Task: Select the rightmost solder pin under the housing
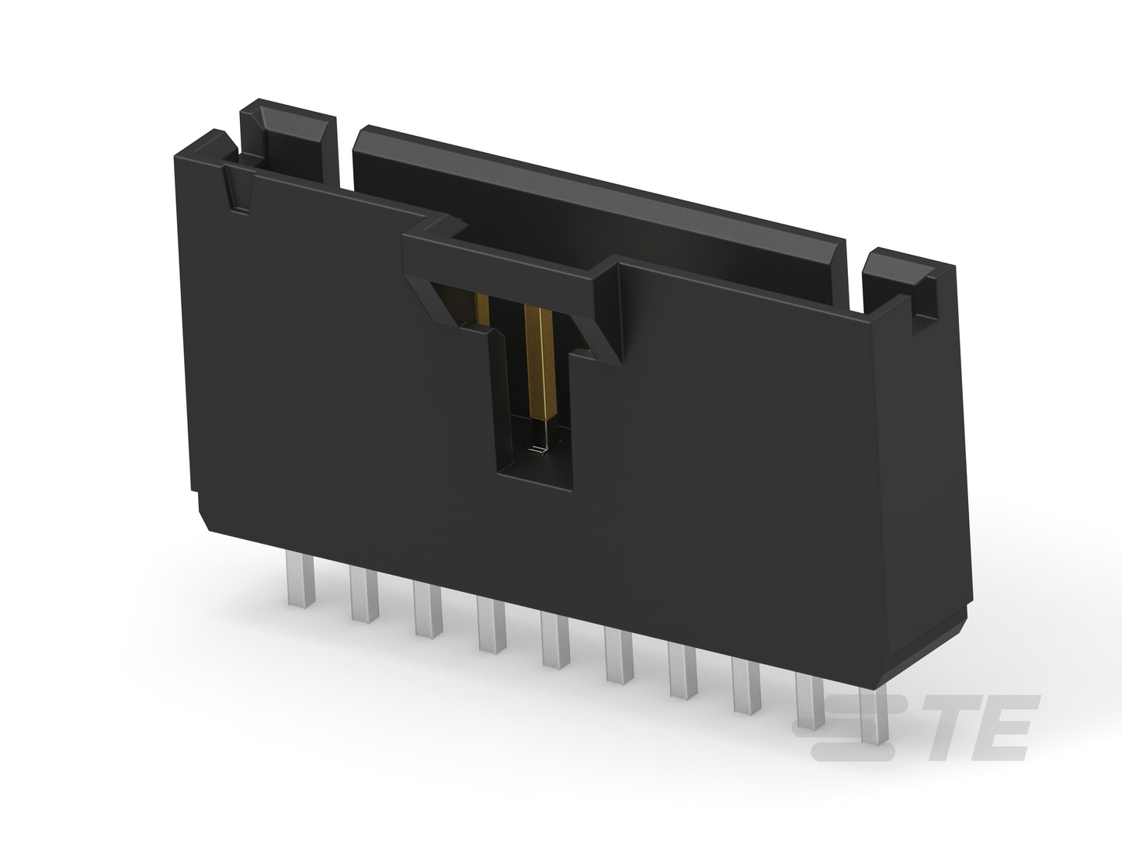coord(874,715)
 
